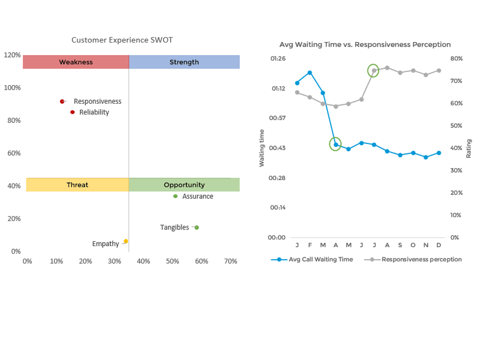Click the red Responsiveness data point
pyautogui.click(x=62, y=101)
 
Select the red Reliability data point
pyautogui.click(x=73, y=112)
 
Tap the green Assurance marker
pyautogui.click(x=175, y=196)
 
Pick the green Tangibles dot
pyautogui.click(x=196, y=227)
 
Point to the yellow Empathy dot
pyautogui.click(x=125, y=241)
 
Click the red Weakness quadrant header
pyautogui.click(x=76, y=62)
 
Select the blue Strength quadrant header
pyautogui.click(x=184, y=62)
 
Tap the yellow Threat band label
pyautogui.click(x=77, y=185)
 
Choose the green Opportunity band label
pyautogui.click(x=184, y=185)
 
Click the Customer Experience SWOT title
pyautogui.click(x=122, y=40)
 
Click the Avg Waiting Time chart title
pyautogui.click(x=365, y=44)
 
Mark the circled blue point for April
pyautogui.click(x=336, y=145)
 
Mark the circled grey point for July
pyautogui.click(x=374, y=70)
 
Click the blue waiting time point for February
pyautogui.click(x=310, y=73)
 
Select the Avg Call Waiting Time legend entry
pyautogui.click(x=312, y=259)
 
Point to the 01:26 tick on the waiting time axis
pyautogui.click(x=277, y=59)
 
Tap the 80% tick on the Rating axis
pyautogui.click(x=456, y=59)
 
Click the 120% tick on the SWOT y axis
pyautogui.click(x=13, y=55)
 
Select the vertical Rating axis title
pyautogui.click(x=469, y=148)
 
